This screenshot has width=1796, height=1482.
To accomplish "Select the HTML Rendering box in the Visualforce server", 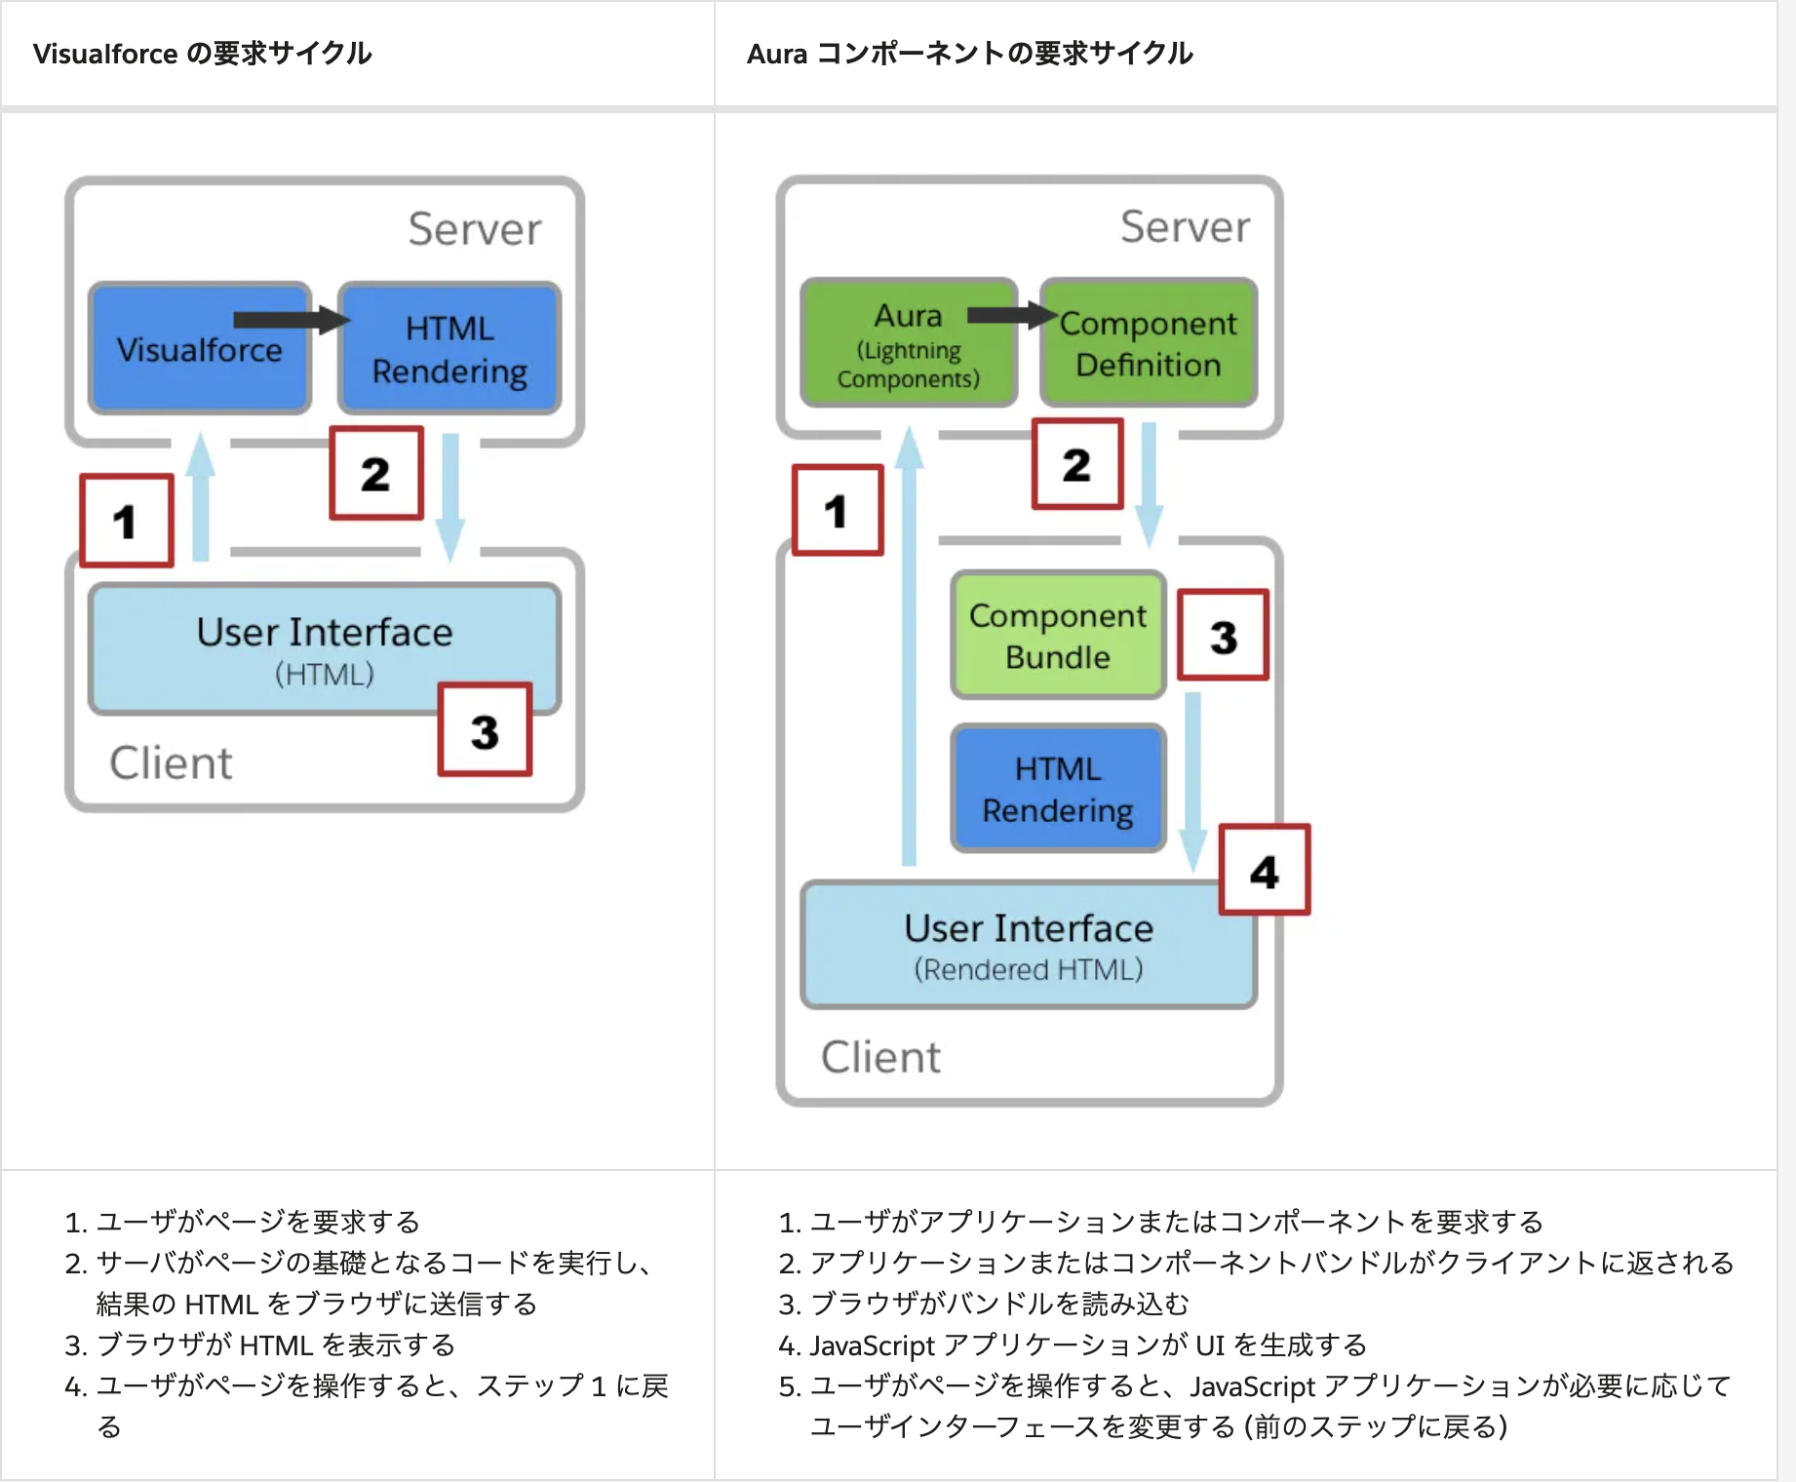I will tap(449, 350).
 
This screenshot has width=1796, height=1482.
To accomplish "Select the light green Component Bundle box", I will tap(1058, 636).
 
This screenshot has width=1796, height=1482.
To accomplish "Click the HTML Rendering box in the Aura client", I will tap(1058, 789).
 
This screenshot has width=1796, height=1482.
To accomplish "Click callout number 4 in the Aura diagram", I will tap(1265, 871).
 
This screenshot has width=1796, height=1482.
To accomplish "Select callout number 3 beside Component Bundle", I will tap(1224, 636).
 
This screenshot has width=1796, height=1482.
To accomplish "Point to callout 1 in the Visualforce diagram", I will tap(126, 521).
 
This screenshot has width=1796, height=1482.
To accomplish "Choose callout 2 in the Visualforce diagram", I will tap(376, 474).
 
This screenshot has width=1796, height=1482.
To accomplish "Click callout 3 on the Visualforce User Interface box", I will tap(485, 730).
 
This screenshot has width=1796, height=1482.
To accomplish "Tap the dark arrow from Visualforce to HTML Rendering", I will tap(291, 320).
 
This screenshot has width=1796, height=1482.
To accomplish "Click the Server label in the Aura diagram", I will tap(1185, 226).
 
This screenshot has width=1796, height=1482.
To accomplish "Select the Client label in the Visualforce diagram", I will tap(171, 762).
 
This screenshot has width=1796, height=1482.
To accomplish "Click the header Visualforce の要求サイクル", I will tap(203, 53).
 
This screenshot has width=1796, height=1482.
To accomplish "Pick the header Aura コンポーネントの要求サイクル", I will tap(969, 53).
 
